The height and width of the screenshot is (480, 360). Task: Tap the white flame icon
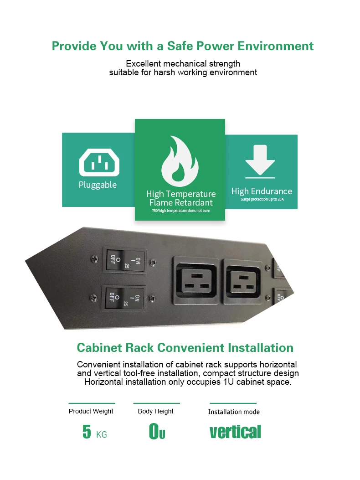tap(180, 159)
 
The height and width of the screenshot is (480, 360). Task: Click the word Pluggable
tap(98, 185)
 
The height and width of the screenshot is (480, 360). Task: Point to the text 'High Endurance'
tap(262, 191)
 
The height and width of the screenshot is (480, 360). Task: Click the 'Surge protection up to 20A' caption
tap(262, 200)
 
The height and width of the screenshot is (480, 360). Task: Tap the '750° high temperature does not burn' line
tap(181, 211)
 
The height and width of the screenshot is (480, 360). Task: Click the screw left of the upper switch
tap(94, 259)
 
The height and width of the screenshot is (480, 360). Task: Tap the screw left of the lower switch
tap(93, 298)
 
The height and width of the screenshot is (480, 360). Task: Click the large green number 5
tap(87, 432)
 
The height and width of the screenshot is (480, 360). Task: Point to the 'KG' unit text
tap(102, 435)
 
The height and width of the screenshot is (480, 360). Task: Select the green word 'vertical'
tap(235, 431)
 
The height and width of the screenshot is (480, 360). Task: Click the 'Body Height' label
tap(155, 411)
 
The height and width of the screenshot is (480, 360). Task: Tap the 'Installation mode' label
tap(234, 412)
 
